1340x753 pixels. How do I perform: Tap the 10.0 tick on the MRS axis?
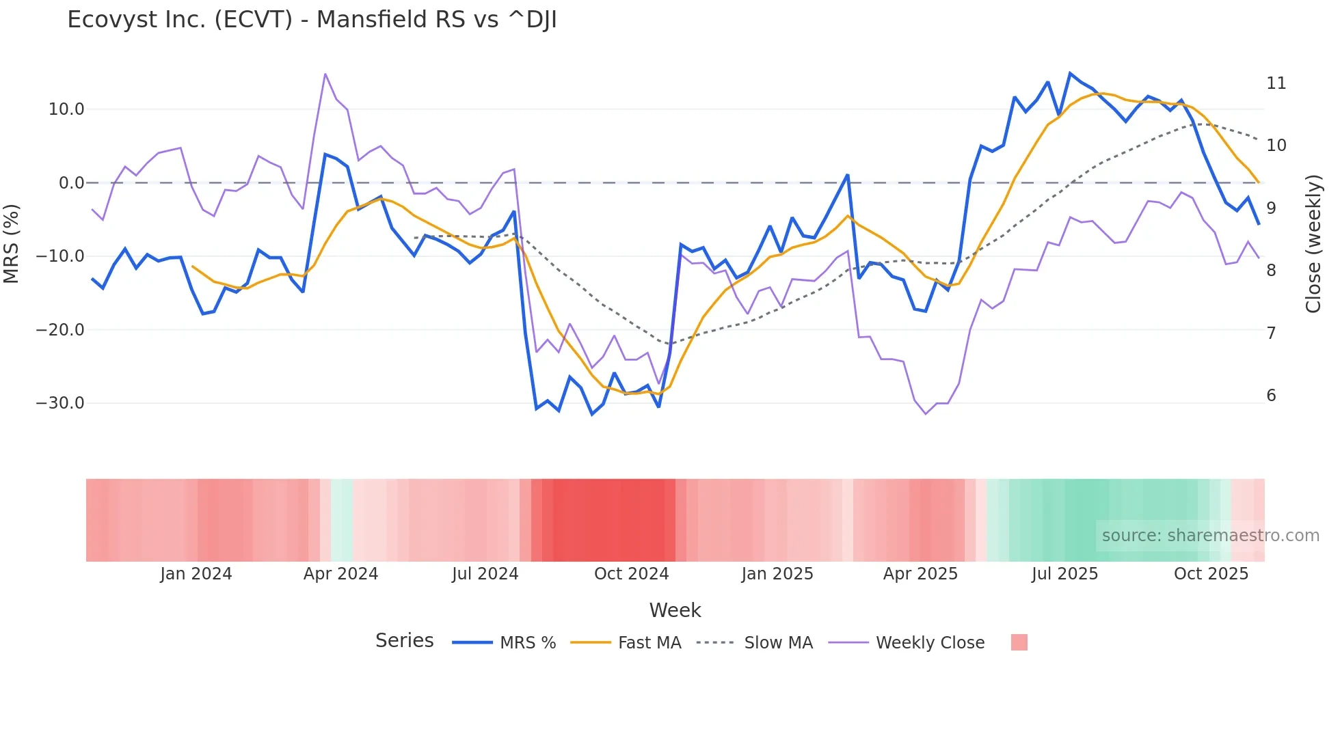[66, 109]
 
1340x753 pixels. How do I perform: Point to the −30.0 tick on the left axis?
[61, 403]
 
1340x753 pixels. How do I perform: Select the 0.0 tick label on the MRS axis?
[71, 183]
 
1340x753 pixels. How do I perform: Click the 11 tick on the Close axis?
[1276, 83]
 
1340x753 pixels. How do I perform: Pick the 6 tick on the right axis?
[1271, 396]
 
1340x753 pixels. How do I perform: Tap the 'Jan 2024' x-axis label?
[196, 574]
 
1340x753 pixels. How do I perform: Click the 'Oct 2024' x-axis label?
[631, 574]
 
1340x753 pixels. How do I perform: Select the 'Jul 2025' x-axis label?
[1064, 574]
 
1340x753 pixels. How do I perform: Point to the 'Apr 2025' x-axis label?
[920, 574]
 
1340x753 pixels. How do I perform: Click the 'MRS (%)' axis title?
[12, 243]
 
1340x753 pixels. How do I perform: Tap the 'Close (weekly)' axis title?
[1313, 244]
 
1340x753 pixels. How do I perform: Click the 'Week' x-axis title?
[675, 610]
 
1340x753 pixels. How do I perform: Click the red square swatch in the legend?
[1019, 642]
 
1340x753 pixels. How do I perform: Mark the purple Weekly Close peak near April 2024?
[325, 74]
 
